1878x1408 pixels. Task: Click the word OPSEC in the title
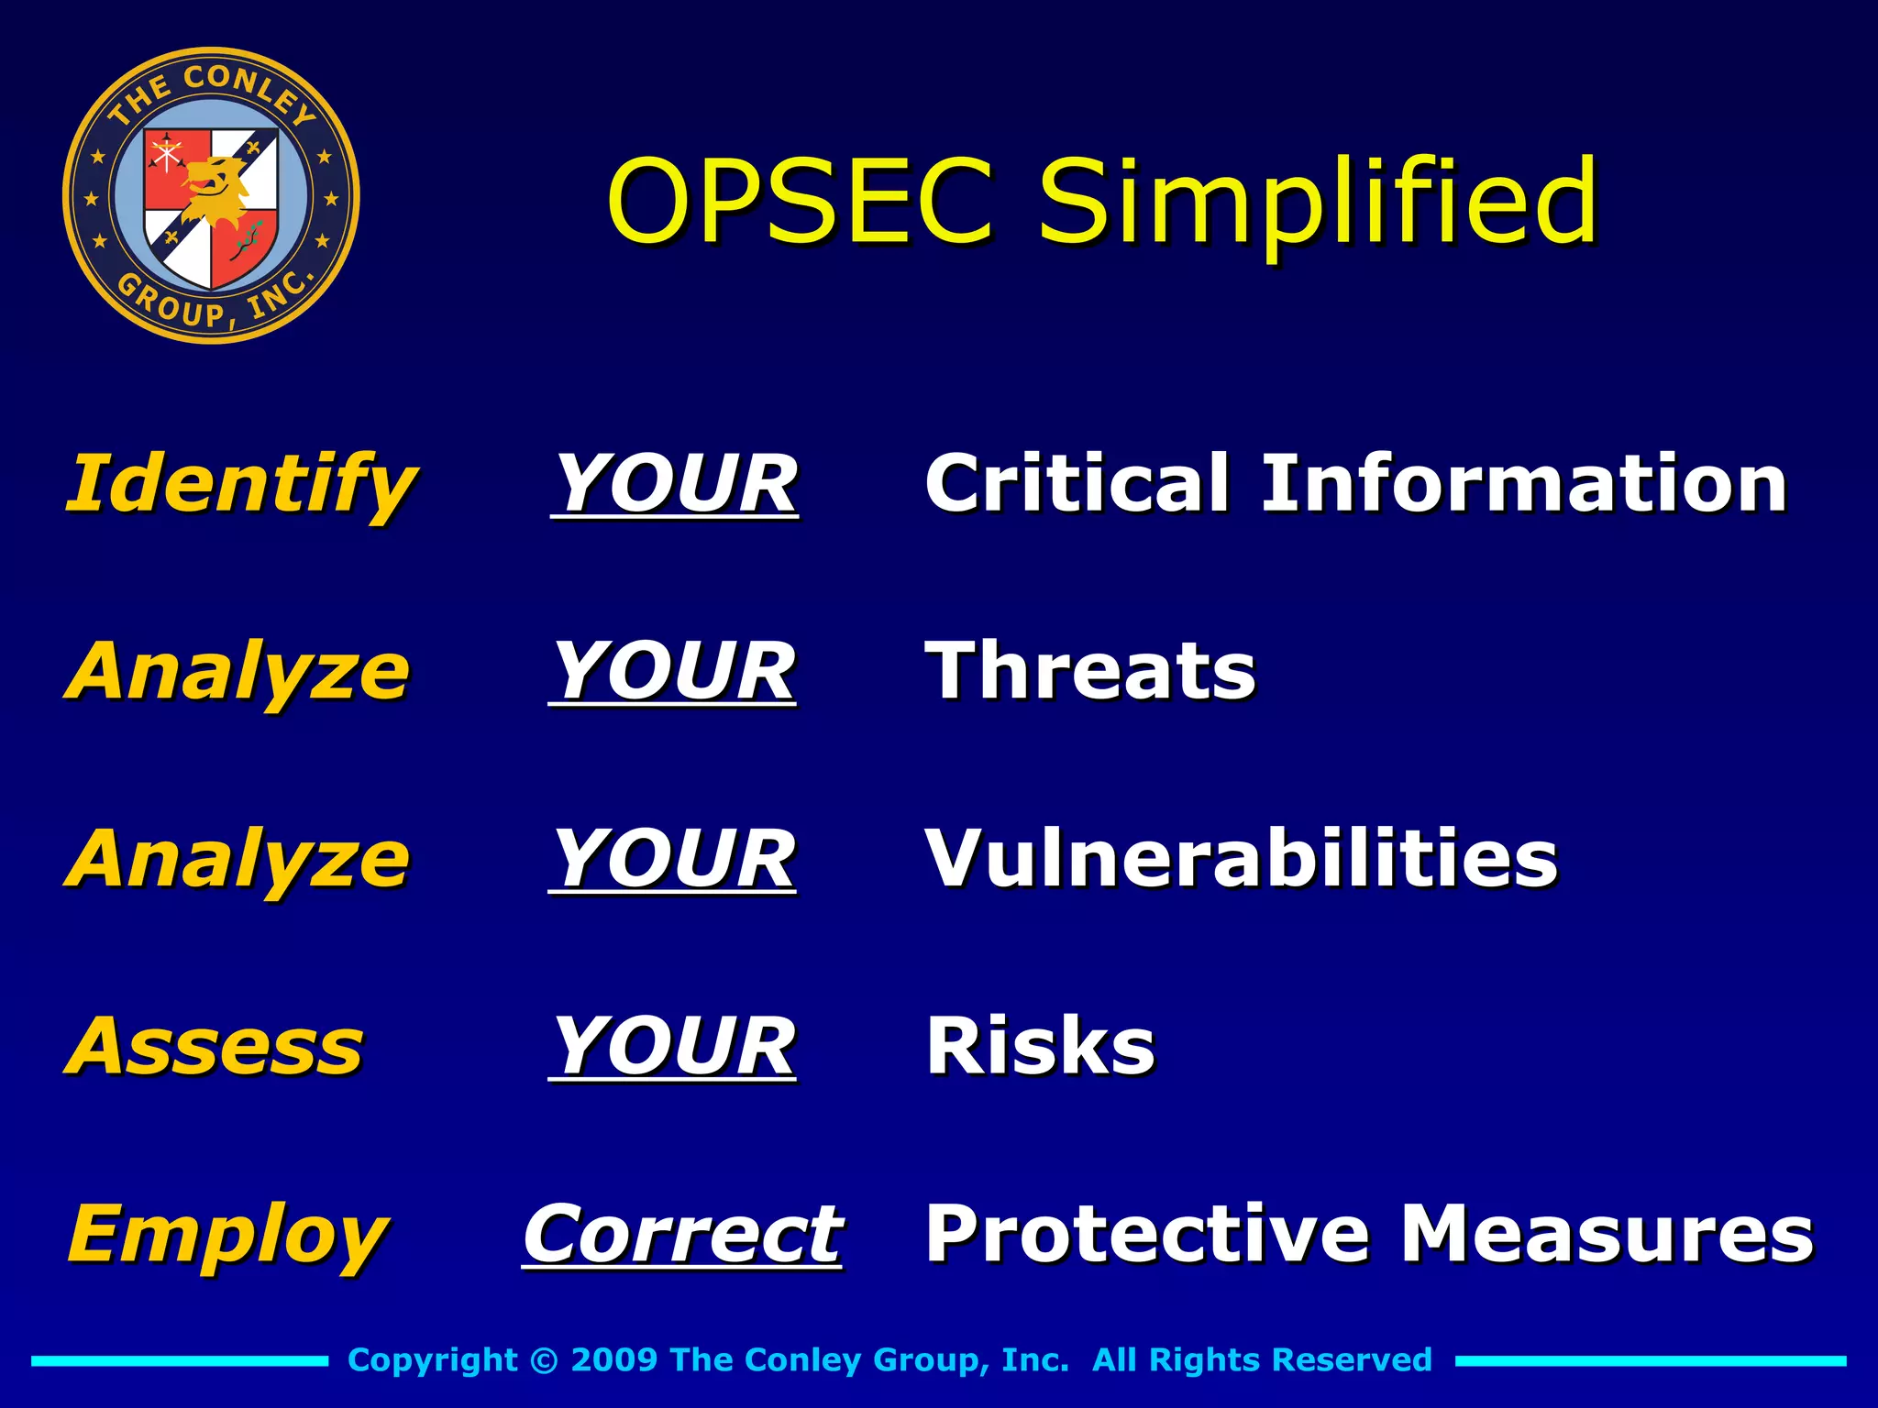click(800, 202)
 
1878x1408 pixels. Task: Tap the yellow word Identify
click(240, 484)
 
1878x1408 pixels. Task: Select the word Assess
click(215, 1046)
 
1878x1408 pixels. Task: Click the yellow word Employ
click(227, 1235)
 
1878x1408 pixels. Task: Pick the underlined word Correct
click(681, 1234)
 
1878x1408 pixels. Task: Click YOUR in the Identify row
click(675, 484)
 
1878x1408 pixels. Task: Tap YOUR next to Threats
click(672, 671)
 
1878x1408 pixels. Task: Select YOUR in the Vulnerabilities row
click(672, 859)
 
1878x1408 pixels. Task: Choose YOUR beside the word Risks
click(672, 1046)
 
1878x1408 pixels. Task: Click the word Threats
click(1090, 671)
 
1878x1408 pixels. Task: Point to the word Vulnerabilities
click(1242, 859)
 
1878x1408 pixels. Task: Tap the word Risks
click(1040, 1046)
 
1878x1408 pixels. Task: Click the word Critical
click(1077, 483)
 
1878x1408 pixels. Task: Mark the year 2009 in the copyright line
click(613, 1359)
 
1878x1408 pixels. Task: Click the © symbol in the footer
click(544, 1360)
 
